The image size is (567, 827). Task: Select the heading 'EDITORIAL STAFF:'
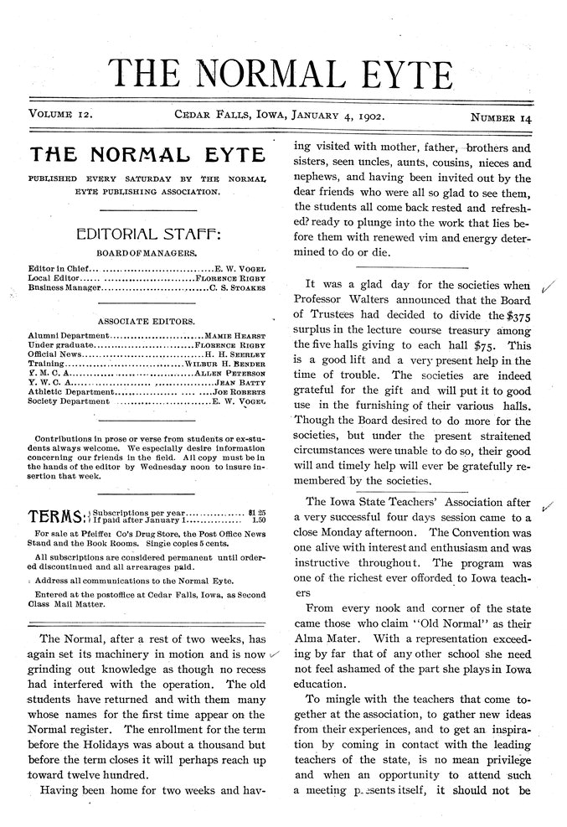click(147, 231)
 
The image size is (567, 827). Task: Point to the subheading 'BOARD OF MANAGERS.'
click(147, 252)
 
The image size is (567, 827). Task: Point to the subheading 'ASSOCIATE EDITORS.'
click(147, 321)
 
